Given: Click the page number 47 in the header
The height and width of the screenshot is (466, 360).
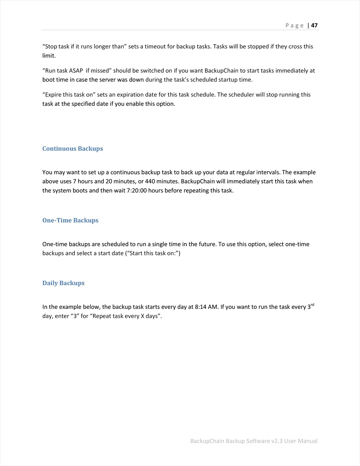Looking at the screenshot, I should pos(314,26).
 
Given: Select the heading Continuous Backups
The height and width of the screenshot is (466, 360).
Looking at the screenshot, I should pos(73,149).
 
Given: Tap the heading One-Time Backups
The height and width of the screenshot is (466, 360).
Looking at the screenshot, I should pos(70,220).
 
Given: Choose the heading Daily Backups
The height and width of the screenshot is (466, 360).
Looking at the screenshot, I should pos(63,283).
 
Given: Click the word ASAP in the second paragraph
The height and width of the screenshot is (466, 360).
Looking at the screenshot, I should pos(76,71).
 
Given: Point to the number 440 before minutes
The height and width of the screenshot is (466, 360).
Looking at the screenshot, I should pos(150,182).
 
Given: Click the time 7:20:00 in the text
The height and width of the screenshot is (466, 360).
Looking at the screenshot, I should pos(137,191).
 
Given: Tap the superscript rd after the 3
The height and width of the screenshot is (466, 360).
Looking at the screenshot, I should pos(312,305).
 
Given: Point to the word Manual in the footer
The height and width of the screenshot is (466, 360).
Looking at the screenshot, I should pos(307,441).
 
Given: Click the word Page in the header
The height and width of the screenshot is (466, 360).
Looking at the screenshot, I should pos(294,26).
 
